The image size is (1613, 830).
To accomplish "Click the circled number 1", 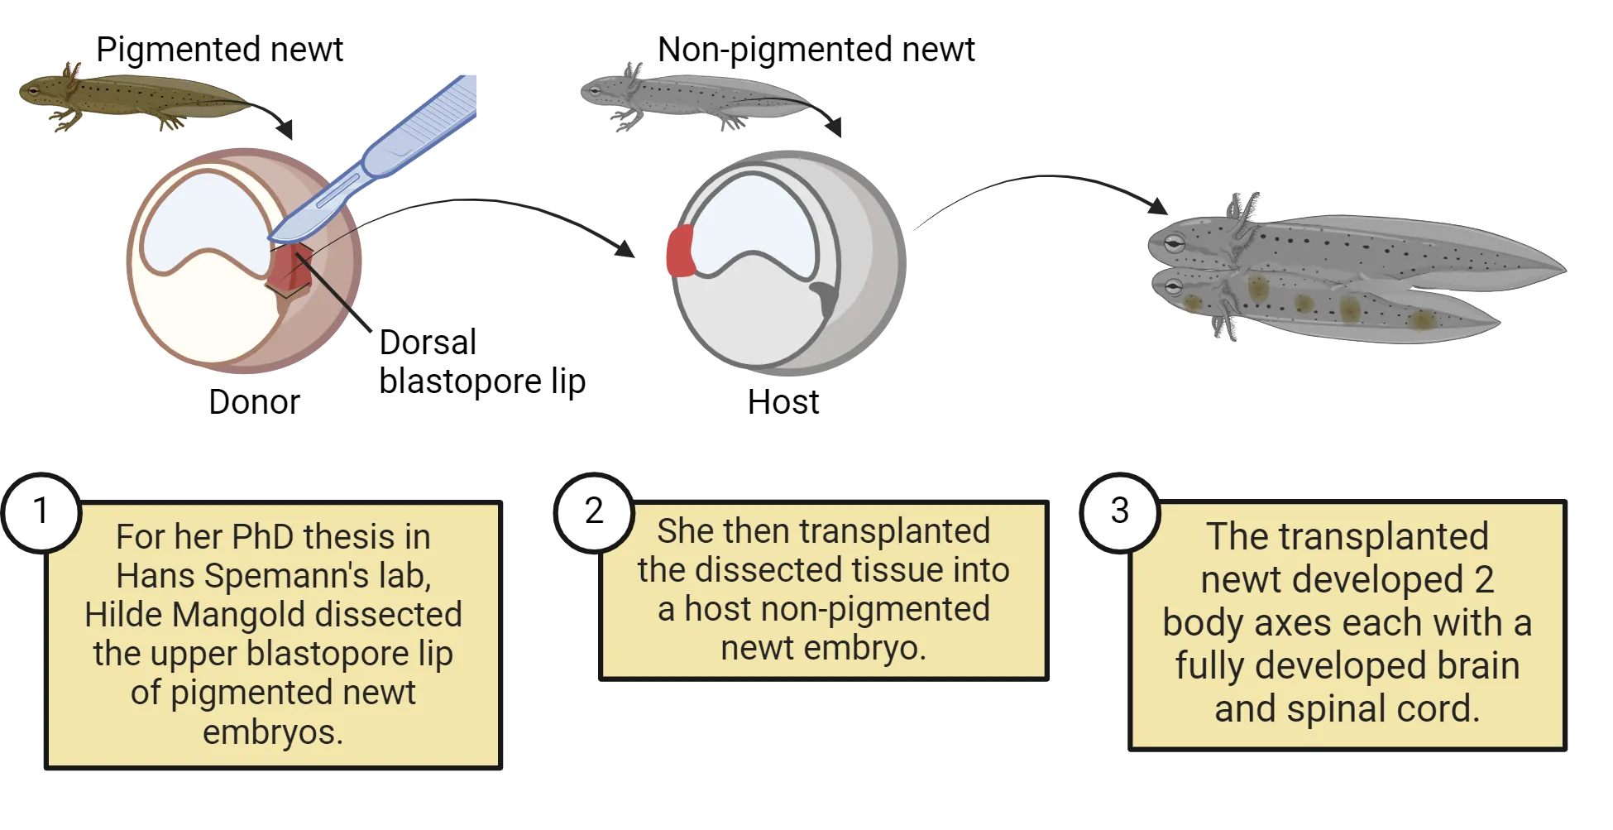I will [41, 511].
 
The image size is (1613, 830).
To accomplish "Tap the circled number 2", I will [593, 511].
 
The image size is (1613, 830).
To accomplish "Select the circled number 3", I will [1119, 511].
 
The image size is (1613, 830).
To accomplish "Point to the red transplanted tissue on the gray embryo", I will [680, 251].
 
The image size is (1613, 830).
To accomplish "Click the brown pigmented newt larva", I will [132, 95].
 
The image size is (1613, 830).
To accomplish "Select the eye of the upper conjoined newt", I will [1174, 242].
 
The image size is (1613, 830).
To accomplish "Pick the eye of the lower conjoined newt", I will [1172, 287].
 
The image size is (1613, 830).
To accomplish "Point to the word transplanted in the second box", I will [894, 531].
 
